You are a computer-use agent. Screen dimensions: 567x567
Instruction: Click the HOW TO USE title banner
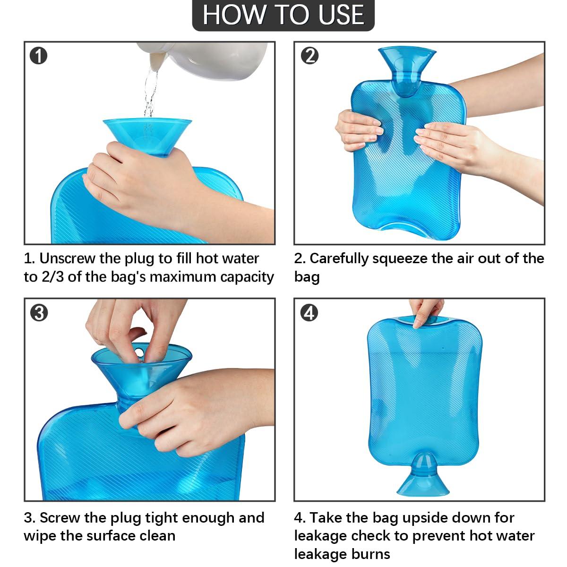283,15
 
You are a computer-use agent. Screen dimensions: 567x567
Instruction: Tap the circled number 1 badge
39,56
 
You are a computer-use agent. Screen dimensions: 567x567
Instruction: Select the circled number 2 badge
309,56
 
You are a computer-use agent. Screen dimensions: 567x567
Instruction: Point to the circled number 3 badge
39,313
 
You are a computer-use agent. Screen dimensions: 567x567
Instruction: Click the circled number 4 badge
309,313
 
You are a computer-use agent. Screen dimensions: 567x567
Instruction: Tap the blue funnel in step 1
147,135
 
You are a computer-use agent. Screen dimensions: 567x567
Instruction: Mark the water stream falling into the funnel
150,94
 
